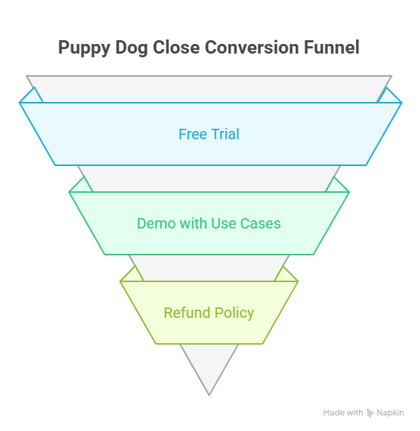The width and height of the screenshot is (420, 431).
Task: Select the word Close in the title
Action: tap(176, 48)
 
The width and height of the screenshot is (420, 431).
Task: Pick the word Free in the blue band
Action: tap(192, 135)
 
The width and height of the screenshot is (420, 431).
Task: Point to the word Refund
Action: tap(186, 313)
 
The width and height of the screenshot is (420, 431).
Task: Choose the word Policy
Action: tap(233, 313)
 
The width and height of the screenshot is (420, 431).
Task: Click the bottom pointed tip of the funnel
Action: tap(209, 392)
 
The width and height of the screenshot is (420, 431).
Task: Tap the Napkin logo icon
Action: tap(369, 412)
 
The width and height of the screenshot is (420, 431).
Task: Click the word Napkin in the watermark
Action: tap(390, 412)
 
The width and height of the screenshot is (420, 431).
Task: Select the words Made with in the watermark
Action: tap(343, 412)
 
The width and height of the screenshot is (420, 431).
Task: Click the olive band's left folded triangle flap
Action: tap(129, 276)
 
